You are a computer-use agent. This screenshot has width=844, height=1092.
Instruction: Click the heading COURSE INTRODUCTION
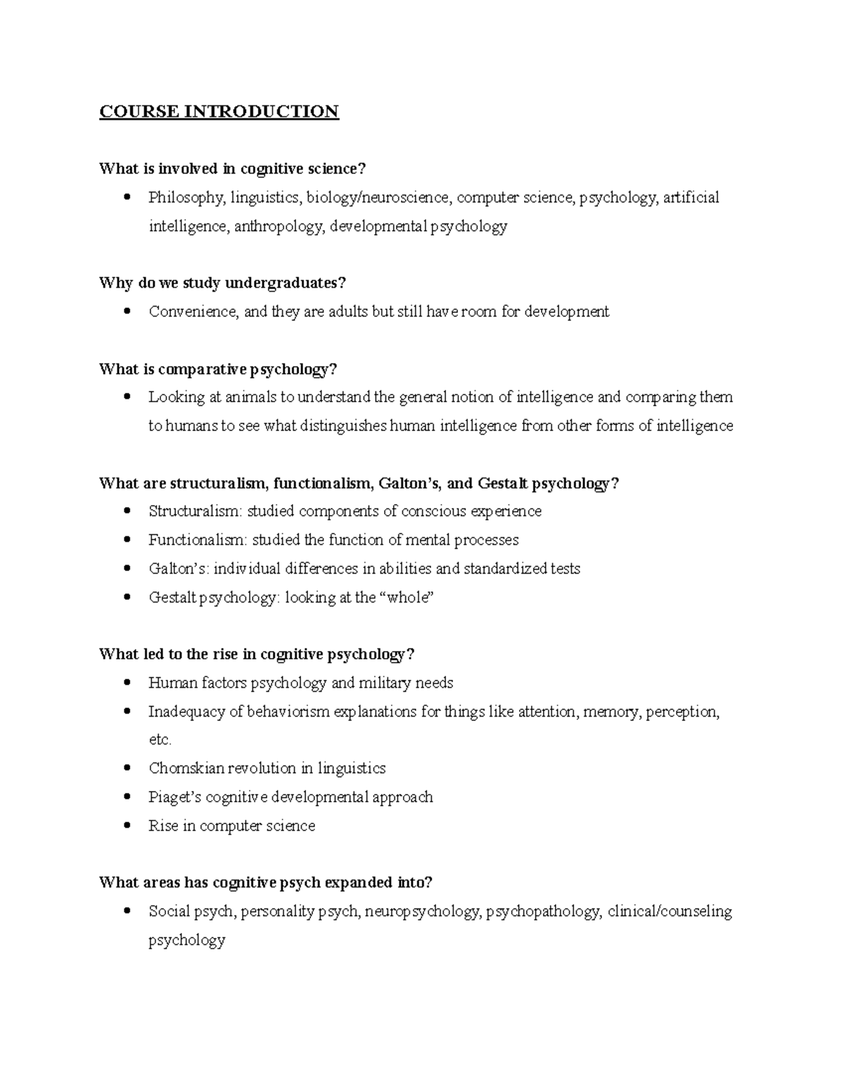(x=219, y=112)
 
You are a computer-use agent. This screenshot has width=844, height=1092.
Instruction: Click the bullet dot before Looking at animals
(x=127, y=397)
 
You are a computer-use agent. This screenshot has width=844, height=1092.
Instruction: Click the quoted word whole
(x=408, y=598)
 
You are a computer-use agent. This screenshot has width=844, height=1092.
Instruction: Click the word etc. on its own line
(x=160, y=740)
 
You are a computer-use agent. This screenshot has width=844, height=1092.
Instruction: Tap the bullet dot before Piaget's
(x=127, y=797)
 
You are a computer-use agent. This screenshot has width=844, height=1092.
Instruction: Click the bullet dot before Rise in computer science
(x=127, y=826)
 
